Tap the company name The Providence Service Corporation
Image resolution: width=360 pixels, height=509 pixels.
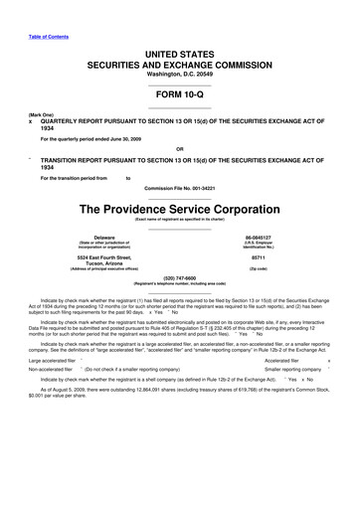(x=180, y=210)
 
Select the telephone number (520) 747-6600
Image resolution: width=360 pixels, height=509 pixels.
(x=180, y=277)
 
